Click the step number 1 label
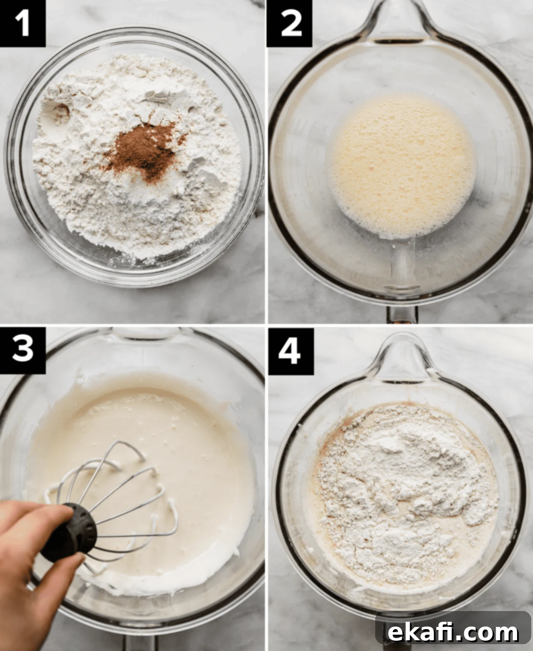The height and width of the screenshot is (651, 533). click(22, 24)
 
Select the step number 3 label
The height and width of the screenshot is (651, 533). click(22, 351)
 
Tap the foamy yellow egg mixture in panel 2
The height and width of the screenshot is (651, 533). click(401, 167)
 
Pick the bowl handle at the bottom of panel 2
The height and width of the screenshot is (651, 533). click(401, 314)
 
